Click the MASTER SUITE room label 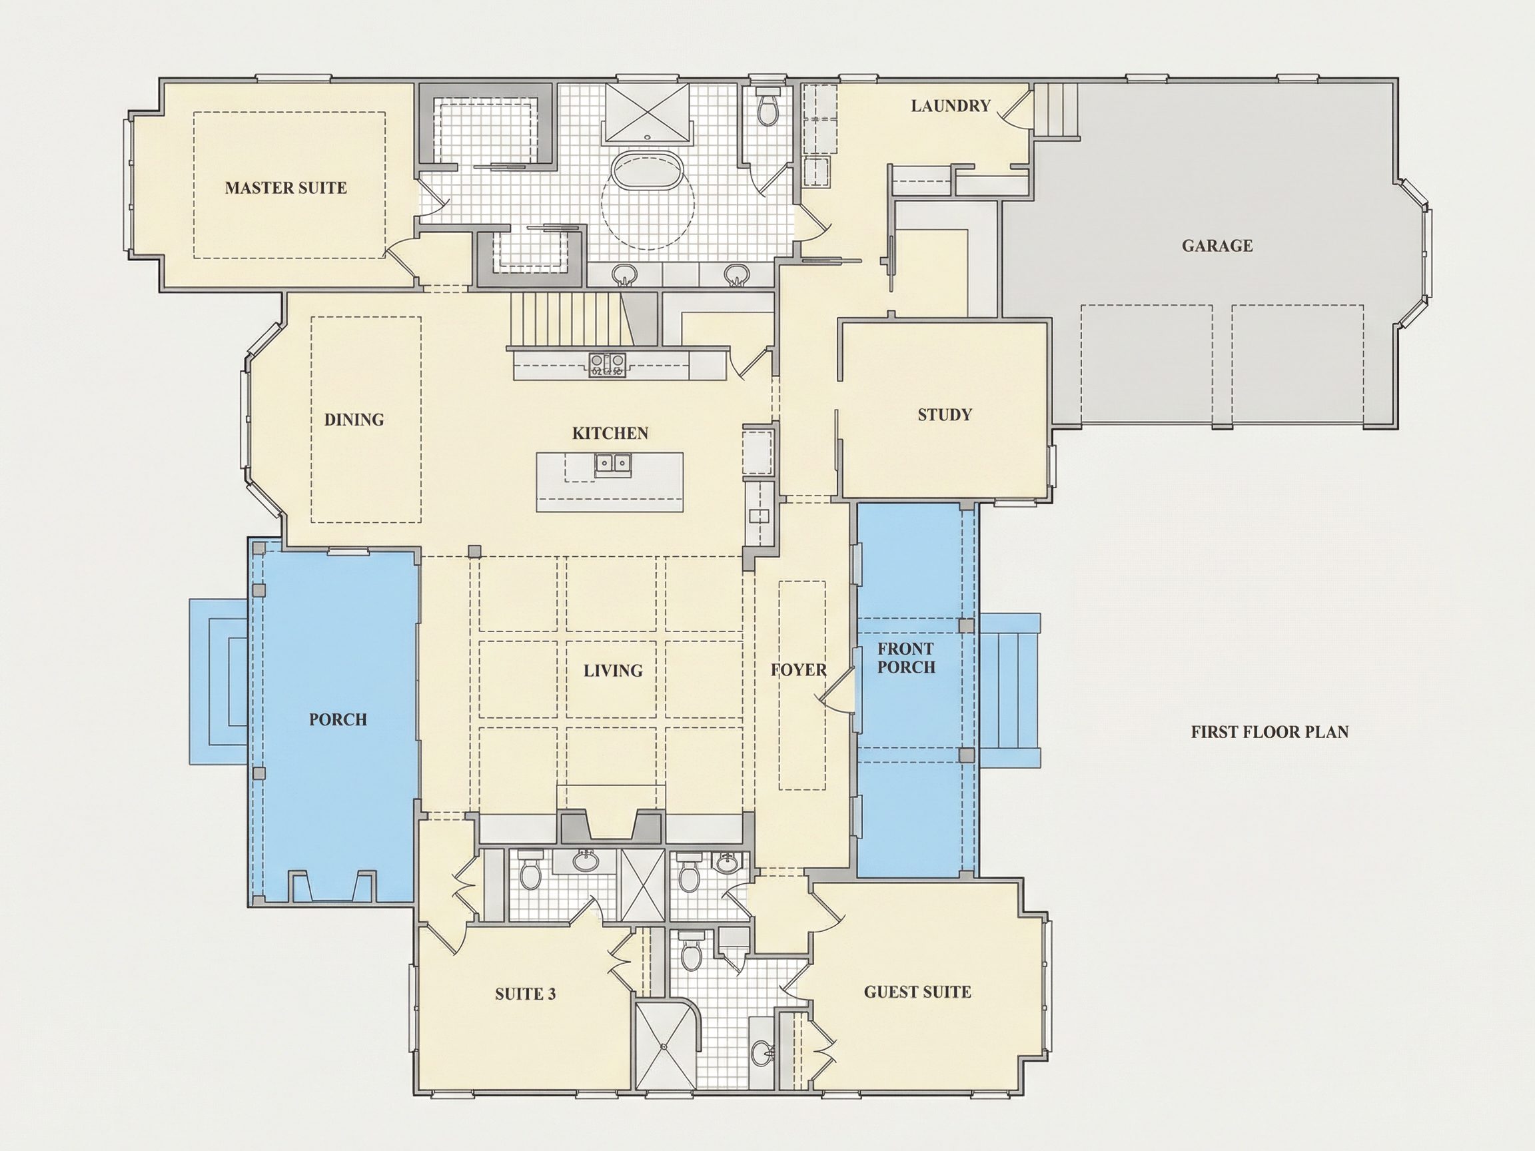point(286,188)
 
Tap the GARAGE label point(1217,246)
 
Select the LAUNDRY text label point(951,106)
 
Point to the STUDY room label point(945,415)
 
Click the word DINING point(354,420)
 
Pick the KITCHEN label point(610,434)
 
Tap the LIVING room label point(613,671)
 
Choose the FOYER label point(799,670)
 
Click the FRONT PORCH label point(906,657)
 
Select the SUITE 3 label point(525,994)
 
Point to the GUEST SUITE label point(917,992)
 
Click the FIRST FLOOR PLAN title point(1270,732)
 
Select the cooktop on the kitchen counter point(607,364)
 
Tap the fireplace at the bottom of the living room point(611,825)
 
